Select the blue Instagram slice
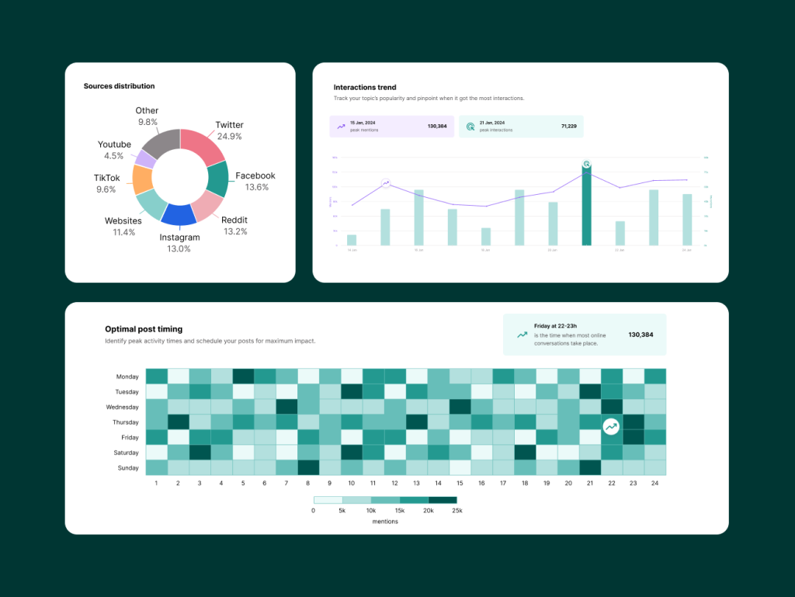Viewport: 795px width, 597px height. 179,214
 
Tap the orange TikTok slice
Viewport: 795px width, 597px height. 142,179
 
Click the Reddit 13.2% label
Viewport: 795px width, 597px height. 234,225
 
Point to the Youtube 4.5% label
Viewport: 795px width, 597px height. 114,150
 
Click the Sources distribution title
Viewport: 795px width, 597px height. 119,86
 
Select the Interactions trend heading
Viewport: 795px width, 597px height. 365,88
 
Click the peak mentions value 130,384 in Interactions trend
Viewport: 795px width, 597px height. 437,126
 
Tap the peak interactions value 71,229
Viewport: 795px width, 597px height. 569,126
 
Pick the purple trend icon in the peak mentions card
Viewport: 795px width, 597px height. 341,126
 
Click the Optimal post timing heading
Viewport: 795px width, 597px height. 144,329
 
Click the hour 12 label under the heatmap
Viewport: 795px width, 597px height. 394,484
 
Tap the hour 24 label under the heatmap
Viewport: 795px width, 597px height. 654,484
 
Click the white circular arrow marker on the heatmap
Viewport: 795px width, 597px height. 611,426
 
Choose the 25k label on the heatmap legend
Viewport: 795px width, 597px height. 457,510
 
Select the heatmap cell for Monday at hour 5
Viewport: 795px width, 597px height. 243,377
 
